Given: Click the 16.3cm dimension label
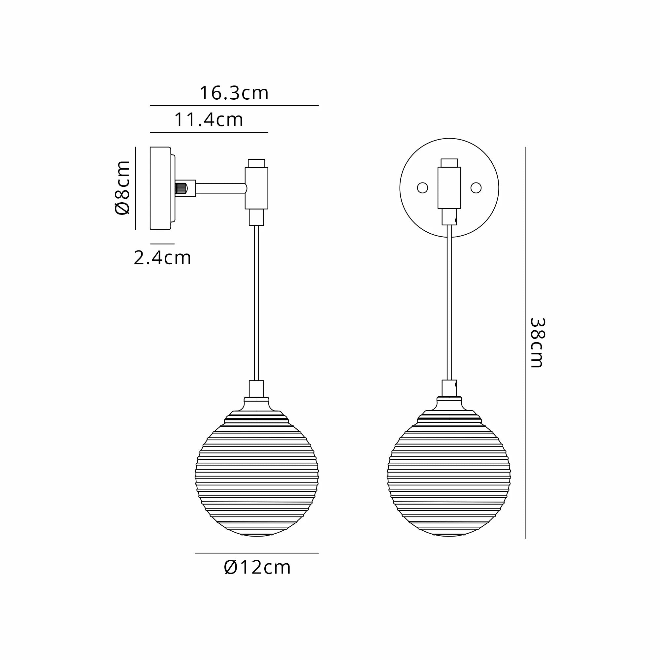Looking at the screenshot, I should click(x=234, y=93).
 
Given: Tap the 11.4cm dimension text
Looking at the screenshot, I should click(x=209, y=119).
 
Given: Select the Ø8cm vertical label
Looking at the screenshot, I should click(x=122, y=187).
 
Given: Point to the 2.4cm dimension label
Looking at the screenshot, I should click(x=162, y=258).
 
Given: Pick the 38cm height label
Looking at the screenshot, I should click(x=537, y=343).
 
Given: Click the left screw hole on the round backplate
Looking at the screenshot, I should click(x=423, y=188).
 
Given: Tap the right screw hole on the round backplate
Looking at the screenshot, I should click(x=476, y=188).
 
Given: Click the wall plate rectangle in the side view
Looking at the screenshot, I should click(x=160, y=188).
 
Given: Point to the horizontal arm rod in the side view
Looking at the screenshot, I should click(x=220, y=188).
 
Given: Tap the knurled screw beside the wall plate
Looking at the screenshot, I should click(x=181, y=188).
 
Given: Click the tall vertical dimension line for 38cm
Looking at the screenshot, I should click(x=525, y=342).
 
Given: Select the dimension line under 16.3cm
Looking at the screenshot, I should click(x=234, y=106).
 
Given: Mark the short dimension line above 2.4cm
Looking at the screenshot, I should click(x=162, y=244).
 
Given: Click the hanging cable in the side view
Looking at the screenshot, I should click(x=256, y=302).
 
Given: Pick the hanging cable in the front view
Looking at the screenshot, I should click(x=449, y=302).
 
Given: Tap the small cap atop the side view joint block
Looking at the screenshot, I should click(x=256, y=163).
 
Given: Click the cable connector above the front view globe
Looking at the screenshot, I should click(x=449, y=388).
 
